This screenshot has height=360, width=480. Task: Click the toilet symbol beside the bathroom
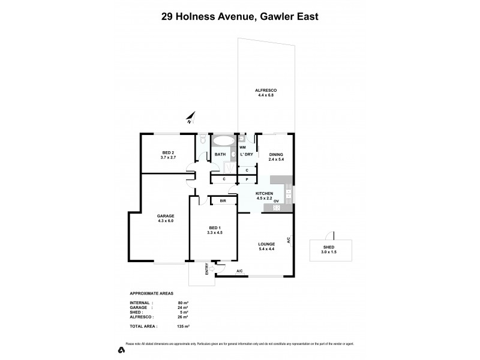click(x=203, y=140)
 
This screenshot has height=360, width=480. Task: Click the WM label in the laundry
click(x=243, y=147)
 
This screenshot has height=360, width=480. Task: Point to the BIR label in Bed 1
click(x=223, y=201)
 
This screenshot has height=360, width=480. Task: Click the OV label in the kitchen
click(x=277, y=201)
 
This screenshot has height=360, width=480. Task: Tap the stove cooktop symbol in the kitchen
click(x=277, y=208)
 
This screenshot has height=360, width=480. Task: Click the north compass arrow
click(x=190, y=118)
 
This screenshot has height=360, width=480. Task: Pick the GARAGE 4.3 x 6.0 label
click(x=166, y=218)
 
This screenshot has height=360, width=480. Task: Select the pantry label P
click(x=247, y=179)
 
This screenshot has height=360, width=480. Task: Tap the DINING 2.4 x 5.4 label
click(x=275, y=157)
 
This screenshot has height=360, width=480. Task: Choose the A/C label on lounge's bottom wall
click(x=239, y=271)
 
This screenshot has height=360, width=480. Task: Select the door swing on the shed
click(x=329, y=236)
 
